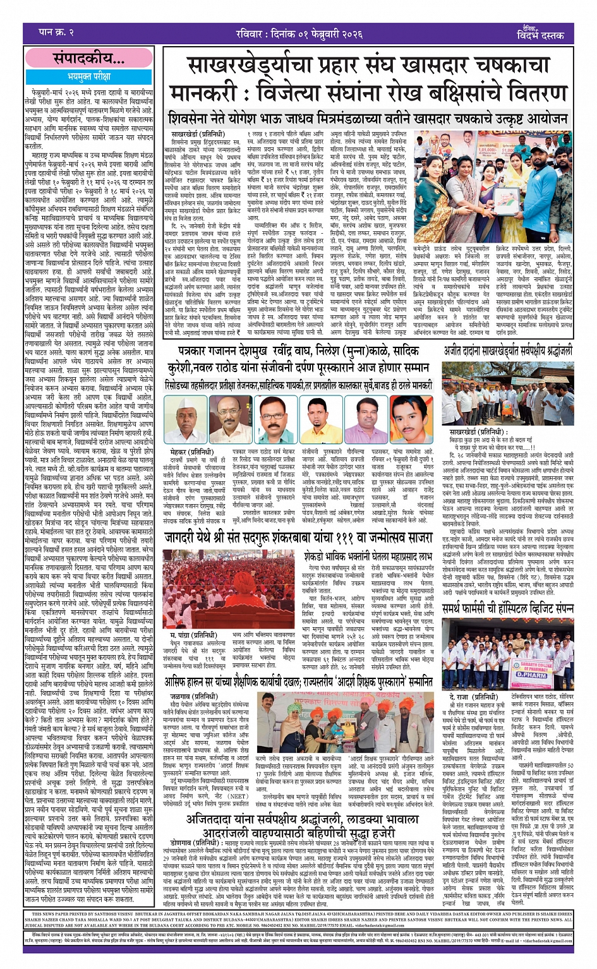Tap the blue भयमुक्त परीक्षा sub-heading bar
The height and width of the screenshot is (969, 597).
click(x=88, y=76)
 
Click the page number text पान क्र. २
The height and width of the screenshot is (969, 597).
click(x=56, y=32)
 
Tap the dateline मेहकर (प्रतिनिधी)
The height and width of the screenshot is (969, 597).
click(x=192, y=452)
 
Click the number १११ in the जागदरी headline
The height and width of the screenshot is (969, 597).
click(x=342, y=539)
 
